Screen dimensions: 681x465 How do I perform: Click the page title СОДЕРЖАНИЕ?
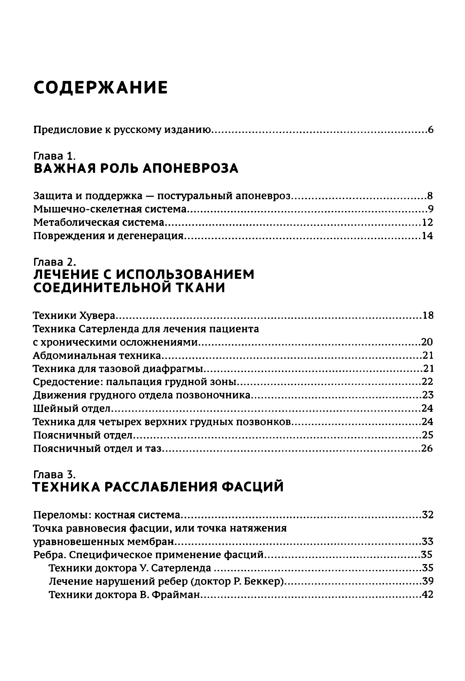100,88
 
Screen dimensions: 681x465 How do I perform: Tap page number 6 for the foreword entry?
430,130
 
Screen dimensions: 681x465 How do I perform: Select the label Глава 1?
55,155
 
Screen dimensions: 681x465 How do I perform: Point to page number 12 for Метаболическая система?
427,222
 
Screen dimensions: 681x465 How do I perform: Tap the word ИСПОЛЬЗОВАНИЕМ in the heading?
185,275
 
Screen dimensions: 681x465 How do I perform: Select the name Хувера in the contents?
98,316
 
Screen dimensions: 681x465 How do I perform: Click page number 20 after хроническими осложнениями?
427,342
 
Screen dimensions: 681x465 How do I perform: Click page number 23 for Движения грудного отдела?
427,395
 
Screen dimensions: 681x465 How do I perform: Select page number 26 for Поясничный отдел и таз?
427,448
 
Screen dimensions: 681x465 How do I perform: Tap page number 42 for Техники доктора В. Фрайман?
427,594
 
